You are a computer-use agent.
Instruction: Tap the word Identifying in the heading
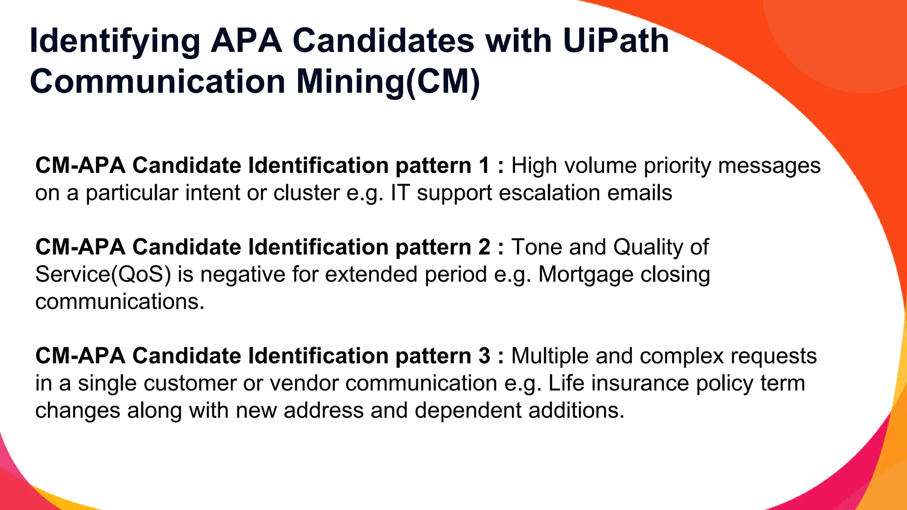pyautogui.click(x=115, y=41)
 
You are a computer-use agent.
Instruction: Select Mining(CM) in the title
pyautogui.click(x=388, y=81)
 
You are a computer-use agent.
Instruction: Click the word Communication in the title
pyautogui.click(x=157, y=81)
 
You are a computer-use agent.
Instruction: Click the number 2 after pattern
pyautogui.click(x=484, y=247)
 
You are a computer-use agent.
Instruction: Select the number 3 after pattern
pyautogui.click(x=484, y=356)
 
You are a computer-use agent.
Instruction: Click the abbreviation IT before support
pyautogui.click(x=400, y=193)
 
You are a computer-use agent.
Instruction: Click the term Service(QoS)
pyautogui.click(x=103, y=274)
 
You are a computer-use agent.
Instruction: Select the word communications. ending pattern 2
pyautogui.click(x=120, y=302)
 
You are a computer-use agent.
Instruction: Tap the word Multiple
pyautogui.click(x=550, y=356)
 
